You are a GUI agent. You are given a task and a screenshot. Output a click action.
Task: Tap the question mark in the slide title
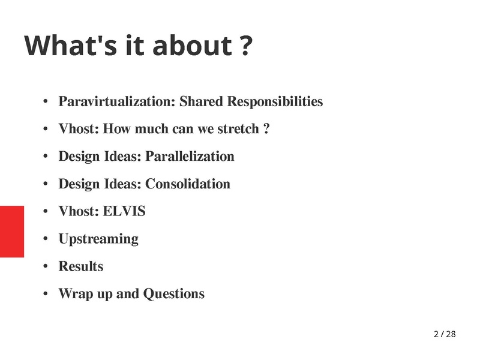(245, 46)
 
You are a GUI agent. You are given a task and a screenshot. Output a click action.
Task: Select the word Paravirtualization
(116, 101)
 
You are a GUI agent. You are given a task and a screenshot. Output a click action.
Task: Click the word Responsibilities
(275, 101)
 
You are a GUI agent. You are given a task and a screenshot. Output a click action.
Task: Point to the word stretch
(238, 129)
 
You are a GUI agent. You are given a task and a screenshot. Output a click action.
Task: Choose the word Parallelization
(190, 156)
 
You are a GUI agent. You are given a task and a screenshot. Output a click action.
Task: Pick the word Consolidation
(188, 184)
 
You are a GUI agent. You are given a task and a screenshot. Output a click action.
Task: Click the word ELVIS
(124, 211)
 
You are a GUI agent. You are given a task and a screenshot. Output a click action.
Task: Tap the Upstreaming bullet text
(98, 239)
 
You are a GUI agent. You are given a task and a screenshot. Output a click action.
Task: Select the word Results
(81, 266)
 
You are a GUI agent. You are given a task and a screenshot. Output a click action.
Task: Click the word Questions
(174, 293)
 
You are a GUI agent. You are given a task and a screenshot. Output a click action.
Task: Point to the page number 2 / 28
(445, 334)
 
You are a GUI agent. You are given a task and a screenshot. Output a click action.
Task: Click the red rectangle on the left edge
(12, 232)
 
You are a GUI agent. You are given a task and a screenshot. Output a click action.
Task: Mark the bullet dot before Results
(46, 266)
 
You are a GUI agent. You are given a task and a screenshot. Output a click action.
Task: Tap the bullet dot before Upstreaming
(46, 239)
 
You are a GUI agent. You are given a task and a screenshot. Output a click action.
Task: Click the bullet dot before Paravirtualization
(46, 101)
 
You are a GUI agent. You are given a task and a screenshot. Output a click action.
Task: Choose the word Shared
(201, 101)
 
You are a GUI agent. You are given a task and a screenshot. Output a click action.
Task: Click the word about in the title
(192, 46)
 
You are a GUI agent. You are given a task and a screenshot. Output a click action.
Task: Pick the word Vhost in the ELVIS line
(79, 211)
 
